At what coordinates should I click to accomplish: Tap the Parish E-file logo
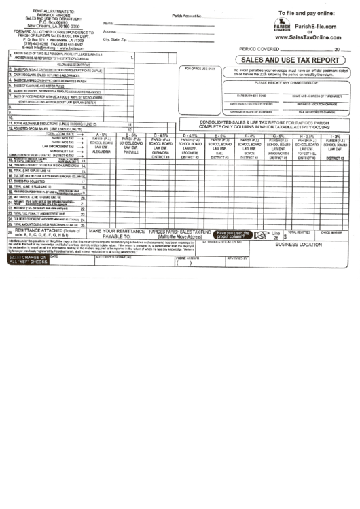(x=282, y=24)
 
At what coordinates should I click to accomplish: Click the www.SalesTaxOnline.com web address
(x=308, y=39)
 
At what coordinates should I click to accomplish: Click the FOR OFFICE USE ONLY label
(x=200, y=69)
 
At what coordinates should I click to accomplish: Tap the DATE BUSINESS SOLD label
(x=251, y=95)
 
